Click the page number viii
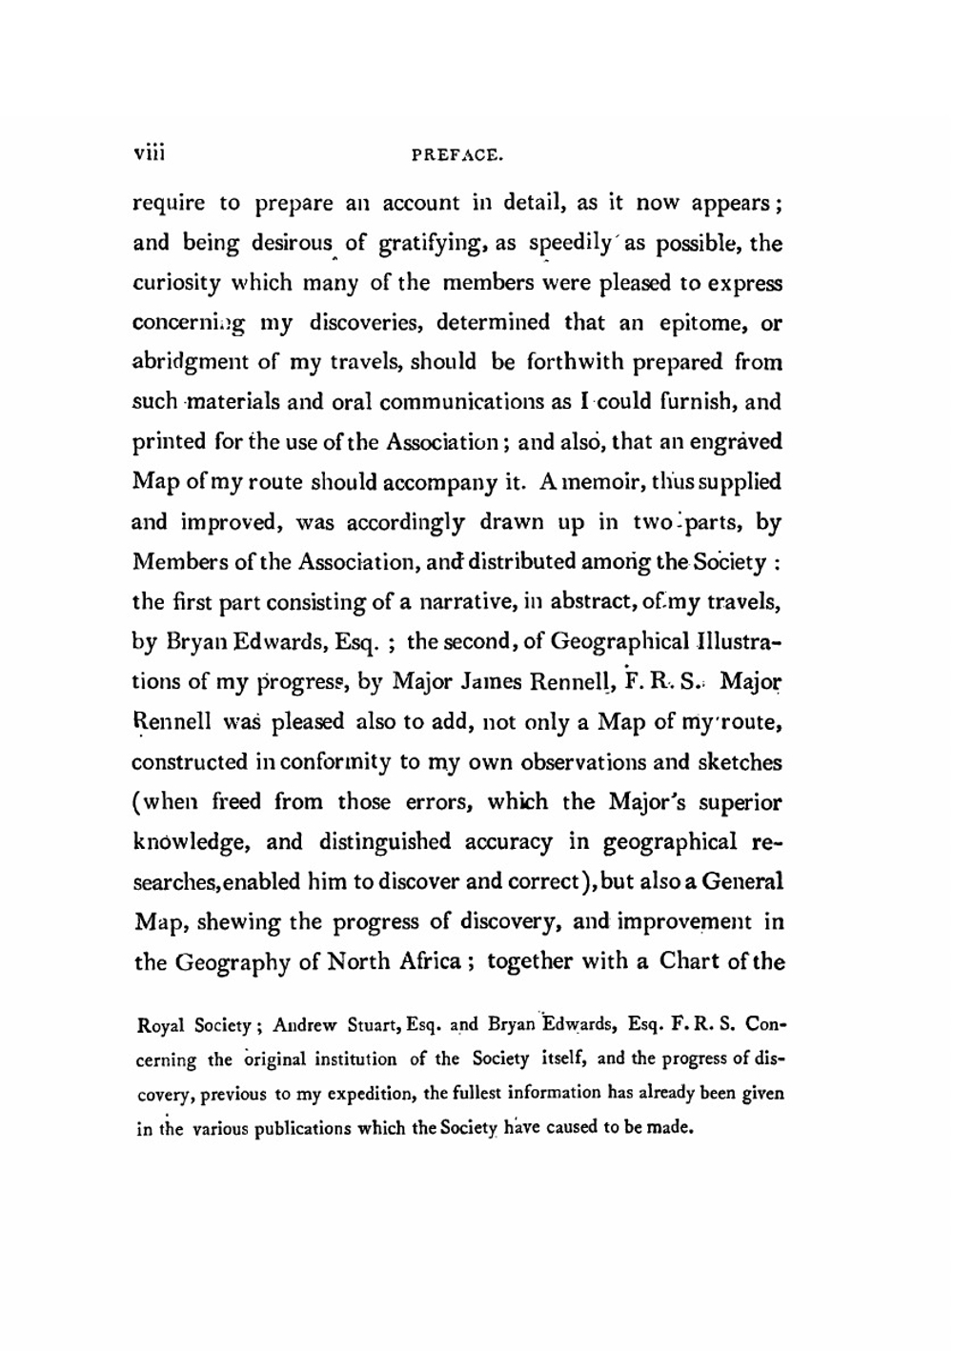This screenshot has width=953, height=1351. tap(149, 151)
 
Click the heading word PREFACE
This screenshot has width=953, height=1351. tap(456, 154)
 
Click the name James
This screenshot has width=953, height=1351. tap(480, 682)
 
